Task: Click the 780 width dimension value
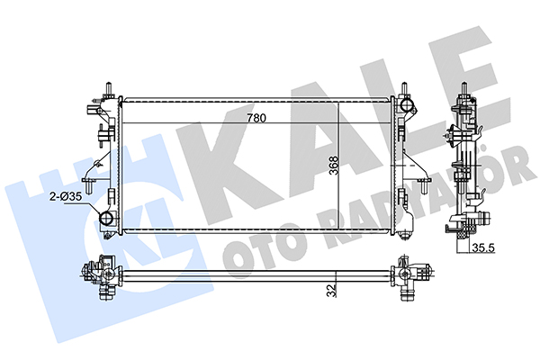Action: [x=256, y=118]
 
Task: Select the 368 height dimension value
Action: [x=334, y=166]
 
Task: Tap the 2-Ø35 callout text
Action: [x=66, y=197]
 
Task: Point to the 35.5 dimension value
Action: [x=483, y=247]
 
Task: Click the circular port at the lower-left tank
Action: [x=106, y=218]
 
